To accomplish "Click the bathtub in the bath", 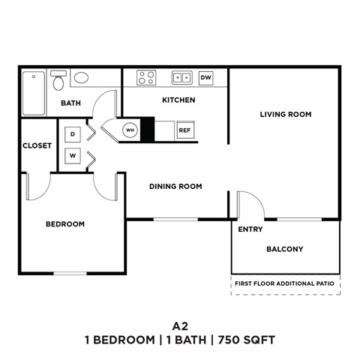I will click(x=33, y=92).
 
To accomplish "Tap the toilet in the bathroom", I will click(x=58, y=79).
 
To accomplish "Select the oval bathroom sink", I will click(x=80, y=77).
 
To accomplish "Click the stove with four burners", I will click(x=146, y=77).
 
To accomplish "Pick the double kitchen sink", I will click(x=181, y=77).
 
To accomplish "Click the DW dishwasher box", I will click(x=207, y=77).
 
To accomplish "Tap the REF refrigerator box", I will click(x=184, y=130).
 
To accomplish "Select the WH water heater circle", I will click(x=130, y=130).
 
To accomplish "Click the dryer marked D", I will click(x=73, y=133).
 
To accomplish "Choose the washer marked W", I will click(x=73, y=156).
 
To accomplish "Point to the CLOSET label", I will click(x=36, y=145).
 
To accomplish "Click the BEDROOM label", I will click(x=64, y=223).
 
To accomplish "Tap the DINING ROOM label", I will click(x=175, y=187).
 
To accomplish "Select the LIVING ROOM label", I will click(x=285, y=115).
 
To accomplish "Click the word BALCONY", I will click(x=285, y=249).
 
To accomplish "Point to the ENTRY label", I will click(x=250, y=229).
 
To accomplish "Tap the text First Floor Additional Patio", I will click(x=285, y=284).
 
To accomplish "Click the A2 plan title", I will click(x=179, y=325).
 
